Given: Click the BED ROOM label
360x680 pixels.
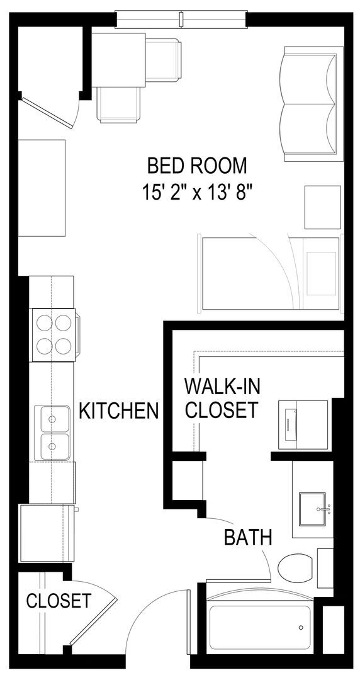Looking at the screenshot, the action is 197,166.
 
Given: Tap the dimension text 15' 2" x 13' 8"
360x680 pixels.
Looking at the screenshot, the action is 197,191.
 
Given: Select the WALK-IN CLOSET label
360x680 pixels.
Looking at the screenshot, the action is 222,398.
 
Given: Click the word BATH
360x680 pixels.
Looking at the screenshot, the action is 248,537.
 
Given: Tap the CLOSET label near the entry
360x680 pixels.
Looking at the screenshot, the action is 59,601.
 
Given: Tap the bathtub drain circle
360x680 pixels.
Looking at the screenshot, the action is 301,628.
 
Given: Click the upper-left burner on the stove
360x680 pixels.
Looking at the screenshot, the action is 44,322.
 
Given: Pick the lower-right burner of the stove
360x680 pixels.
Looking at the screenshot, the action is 63,346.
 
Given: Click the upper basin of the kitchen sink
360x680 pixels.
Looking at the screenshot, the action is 55,419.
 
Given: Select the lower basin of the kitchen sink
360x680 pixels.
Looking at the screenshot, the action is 55,446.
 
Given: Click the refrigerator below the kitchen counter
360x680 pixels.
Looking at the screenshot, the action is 46,533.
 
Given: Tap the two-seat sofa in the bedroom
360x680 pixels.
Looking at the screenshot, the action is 310,104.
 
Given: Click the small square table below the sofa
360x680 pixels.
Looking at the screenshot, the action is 323,207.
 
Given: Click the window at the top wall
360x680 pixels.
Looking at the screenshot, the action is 181,19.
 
